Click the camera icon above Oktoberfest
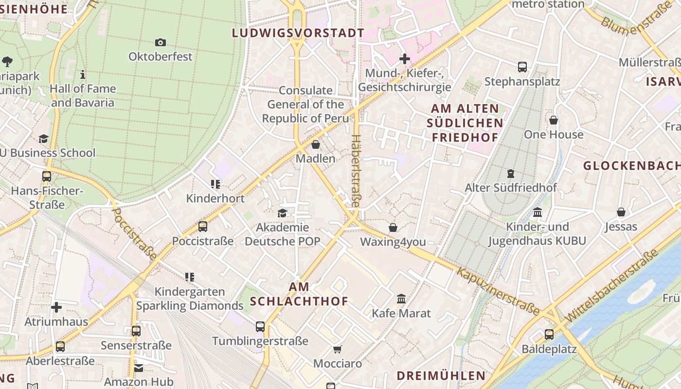tap(161, 43)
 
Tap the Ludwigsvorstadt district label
tap(298, 33)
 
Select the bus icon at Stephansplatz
tap(522, 67)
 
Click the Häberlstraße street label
tap(355, 171)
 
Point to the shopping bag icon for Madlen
tap(316, 144)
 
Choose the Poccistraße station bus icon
tap(203, 227)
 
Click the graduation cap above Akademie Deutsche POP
tap(282, 213)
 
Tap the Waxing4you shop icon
tap(393, 228)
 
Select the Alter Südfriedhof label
tap(511, 188)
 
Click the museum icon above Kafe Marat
tap(401, 299)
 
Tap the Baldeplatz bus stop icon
tap(549, 335)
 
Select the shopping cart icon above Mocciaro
tap(337, 349)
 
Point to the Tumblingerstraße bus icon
tap(260, 327)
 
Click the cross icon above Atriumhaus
tap(56, 307)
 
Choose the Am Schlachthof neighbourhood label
tap(299, 294)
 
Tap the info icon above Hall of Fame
tap(83, 75)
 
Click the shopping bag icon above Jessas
tap(621, 212)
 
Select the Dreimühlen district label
tap(441, 376)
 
